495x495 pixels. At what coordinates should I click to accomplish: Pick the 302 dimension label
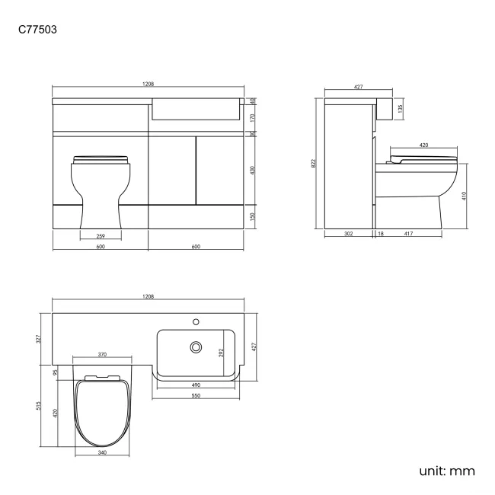coord(348,235)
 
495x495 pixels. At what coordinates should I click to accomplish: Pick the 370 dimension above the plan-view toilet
coord(102,354)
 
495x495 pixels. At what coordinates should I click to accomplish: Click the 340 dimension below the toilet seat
coord(102,453)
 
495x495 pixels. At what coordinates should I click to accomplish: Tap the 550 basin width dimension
coord(196,397)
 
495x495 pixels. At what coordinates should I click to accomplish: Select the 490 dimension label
coord(196,385)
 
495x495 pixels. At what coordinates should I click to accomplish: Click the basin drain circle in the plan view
coord(196,347)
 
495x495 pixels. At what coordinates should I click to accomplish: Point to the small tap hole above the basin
coord(196,320)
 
